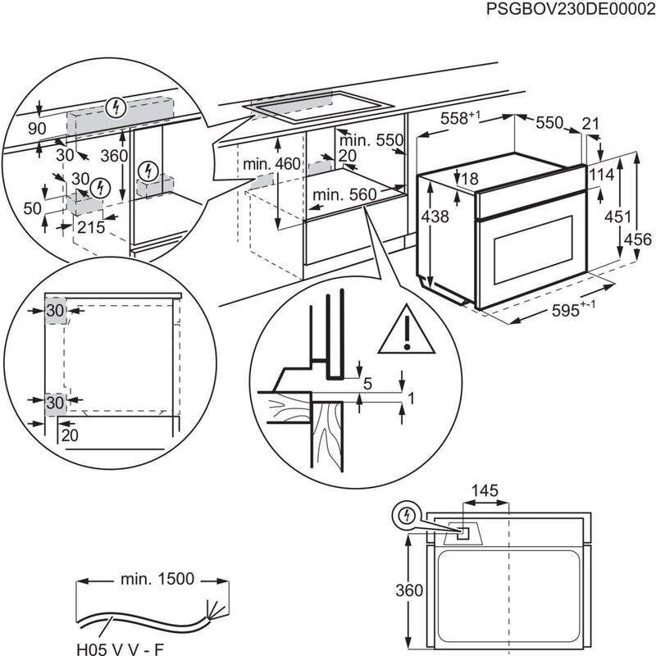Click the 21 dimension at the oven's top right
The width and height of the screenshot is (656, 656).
pos(591,123)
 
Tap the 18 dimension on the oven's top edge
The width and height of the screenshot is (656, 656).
pos(469,180)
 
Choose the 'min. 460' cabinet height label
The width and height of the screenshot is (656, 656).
pos(271,165)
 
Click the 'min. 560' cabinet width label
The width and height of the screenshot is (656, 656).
pos(342,194)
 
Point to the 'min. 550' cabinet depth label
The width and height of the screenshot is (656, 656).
pos(373,140)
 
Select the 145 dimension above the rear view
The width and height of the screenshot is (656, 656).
pos(485,491)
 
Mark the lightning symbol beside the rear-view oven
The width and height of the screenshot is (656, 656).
pos(403,515)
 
